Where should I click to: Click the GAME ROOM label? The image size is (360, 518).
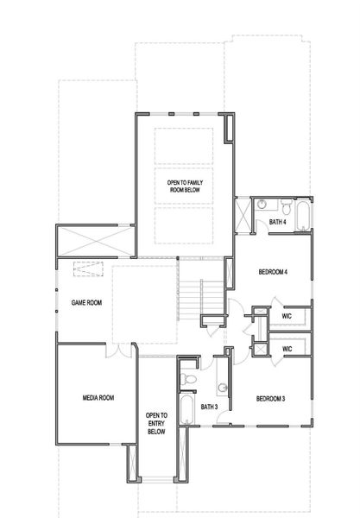[x=86, y=303]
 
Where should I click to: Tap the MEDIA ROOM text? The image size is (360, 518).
[x=98, y=398]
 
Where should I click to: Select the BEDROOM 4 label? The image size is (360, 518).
[x=273, y=273]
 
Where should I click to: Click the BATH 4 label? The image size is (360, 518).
[x=277, y=223]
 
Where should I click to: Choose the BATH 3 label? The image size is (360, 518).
[x=209, y=406]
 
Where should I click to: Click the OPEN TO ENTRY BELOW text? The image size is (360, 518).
[x=156, y=423]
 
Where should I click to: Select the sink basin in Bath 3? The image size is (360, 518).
[x=222, y=387]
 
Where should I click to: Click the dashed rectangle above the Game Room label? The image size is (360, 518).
[x=87, y=269]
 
